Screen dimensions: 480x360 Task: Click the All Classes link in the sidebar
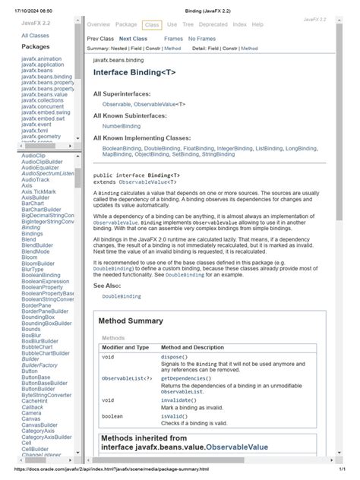coord(35,36)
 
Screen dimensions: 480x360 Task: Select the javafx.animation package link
coord(43,58)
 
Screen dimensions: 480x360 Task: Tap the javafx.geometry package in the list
coord(42,137)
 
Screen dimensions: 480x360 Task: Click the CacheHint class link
coord(35,401)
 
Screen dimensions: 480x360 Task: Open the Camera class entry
coord(32,413)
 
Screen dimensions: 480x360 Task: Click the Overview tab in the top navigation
coord(99,25)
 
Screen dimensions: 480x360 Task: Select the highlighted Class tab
coord(151,25)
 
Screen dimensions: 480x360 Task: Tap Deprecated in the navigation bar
coord(213,25)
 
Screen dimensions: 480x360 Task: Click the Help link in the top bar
coord(257,25)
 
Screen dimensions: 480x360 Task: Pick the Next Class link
coord(133,39)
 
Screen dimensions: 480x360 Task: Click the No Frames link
coord(201,39)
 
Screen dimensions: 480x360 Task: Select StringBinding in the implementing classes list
coord(219,154)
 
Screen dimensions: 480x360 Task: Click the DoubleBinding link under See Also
coord(122,296)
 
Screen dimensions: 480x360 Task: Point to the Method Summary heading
coord(130,321)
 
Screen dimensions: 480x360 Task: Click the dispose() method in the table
coord(174,357)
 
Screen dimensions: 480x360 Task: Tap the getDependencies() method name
coord(185,377)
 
